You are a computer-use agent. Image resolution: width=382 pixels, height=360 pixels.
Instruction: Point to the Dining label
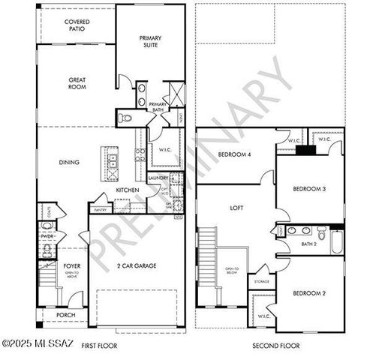(x=70, y=161)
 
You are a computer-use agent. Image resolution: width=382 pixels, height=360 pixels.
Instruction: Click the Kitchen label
(x=127, y=190)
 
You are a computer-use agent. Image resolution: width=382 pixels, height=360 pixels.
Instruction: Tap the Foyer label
(x=71, y=265)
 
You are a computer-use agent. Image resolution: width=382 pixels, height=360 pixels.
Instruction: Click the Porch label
(x=67, y=316)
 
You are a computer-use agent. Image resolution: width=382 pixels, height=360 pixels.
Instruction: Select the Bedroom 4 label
(x=233, y=155)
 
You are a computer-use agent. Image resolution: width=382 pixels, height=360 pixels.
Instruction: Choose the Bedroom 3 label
(x=308, y=189)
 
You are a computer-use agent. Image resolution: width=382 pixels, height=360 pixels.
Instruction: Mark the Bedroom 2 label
(x=308, y=292)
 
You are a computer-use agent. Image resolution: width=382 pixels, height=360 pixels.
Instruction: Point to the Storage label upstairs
(x=262, y=281)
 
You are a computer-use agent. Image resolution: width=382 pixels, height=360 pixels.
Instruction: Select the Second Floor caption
(x=276, y=346)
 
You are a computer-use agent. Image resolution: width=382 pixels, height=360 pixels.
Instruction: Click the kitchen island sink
(x=113, y=158)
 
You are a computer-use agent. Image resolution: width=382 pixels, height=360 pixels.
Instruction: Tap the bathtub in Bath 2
(x=335, y=241)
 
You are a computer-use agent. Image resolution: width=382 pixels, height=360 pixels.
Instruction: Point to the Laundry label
(x=157, y=178)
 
